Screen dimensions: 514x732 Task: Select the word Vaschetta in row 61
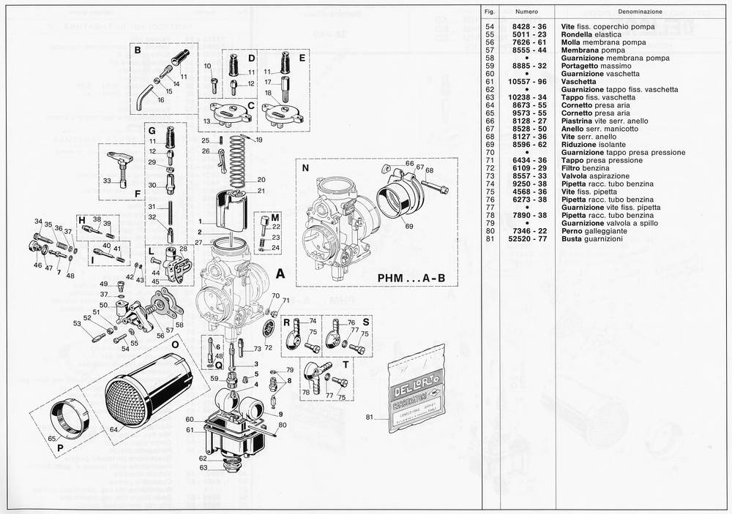click(579, 82)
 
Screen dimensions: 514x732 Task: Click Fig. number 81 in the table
click(491, 239)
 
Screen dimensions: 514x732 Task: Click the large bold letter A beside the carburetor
click(280, 274)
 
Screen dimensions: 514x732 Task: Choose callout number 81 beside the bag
click(370, 417)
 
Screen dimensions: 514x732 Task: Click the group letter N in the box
click(305, 167)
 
